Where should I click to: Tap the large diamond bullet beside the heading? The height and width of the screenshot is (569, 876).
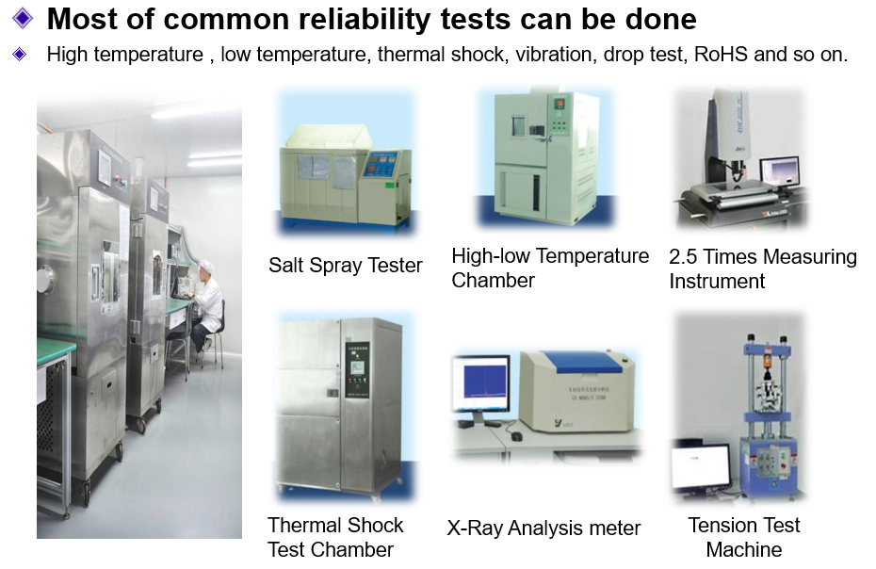pos(23,18)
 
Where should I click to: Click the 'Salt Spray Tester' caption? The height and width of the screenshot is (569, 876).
pos(346,266)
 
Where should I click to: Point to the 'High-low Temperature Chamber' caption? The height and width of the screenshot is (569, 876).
pos(550,268)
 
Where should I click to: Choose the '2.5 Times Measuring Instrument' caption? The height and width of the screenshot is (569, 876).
pos(763,268)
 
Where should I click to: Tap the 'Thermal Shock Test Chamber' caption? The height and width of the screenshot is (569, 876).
pos(335,537)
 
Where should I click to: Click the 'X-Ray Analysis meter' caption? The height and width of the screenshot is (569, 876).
pos(543,528)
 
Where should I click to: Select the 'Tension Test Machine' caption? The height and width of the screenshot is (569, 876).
pos(743,537)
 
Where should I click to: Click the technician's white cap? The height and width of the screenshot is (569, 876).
pos(206,265)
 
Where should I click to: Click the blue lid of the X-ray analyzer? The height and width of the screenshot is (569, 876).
pos(582,362)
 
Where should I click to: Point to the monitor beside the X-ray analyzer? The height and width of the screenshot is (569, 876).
pos(480,385)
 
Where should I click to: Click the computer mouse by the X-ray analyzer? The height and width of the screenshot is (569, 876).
pos(517,436)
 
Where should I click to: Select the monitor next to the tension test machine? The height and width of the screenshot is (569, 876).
pos(701,466)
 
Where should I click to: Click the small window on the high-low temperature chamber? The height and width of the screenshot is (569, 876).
pos(518,125)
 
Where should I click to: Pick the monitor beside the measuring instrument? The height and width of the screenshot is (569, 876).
pos(779,171)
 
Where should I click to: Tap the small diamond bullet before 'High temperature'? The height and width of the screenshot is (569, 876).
pos(20,55)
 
